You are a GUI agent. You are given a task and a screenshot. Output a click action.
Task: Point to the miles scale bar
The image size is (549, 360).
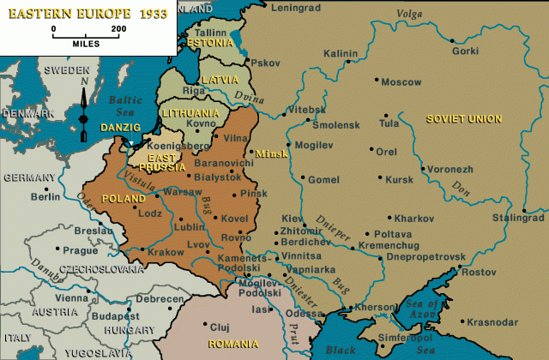point(85,35)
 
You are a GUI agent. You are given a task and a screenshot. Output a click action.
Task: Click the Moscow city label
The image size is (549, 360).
point(401,82)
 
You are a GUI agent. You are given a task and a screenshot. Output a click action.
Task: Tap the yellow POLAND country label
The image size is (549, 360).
point(124,198)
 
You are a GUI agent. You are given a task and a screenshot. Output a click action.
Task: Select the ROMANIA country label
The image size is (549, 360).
point(227,344)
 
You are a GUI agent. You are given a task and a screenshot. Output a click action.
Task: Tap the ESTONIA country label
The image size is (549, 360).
point(209,41)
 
